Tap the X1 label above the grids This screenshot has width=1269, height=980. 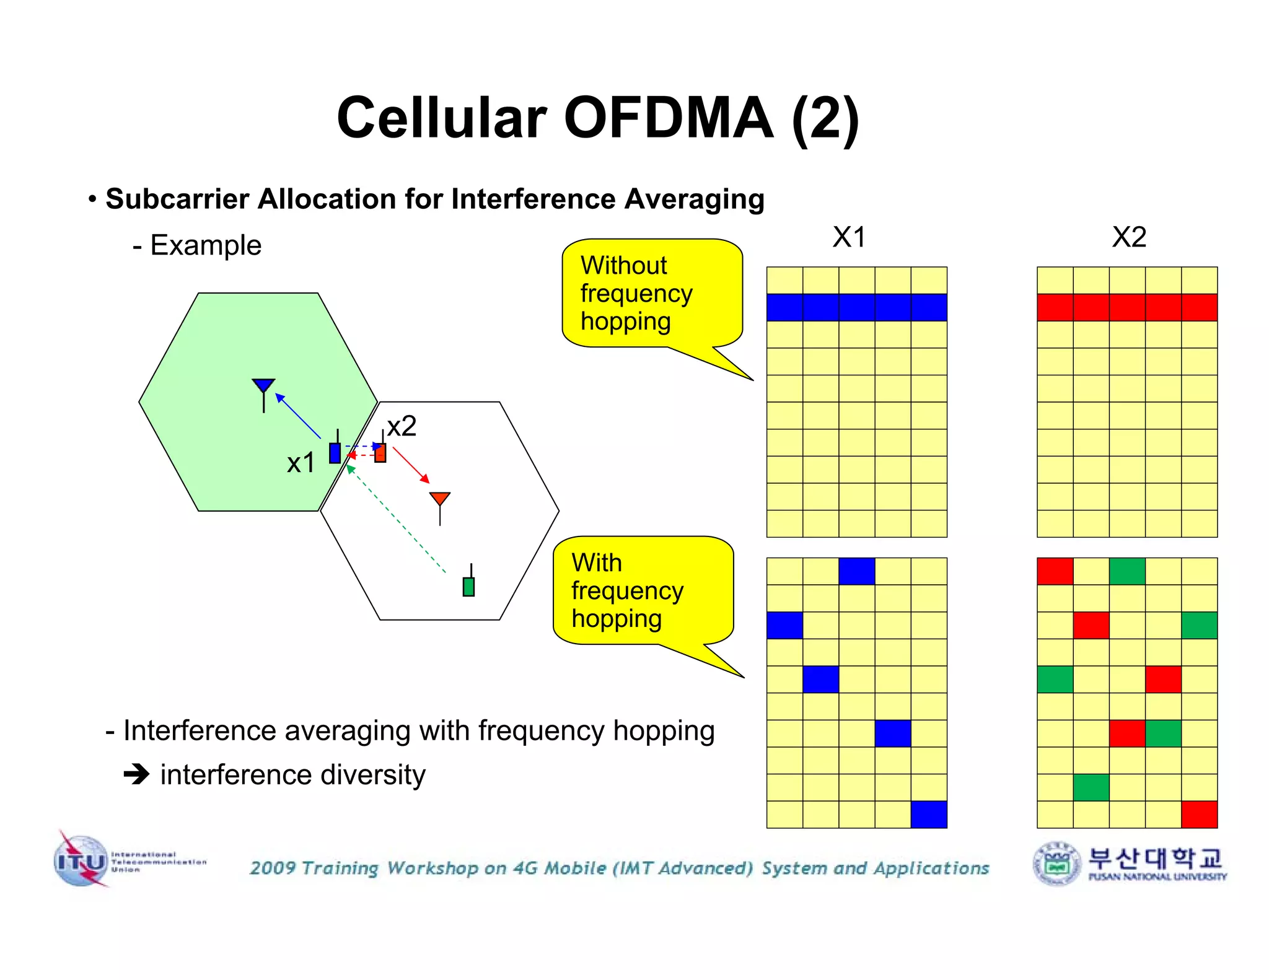pyautogui.click(x=848, y=237)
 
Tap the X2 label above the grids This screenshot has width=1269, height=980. pyautogui.click(x=1128, y=237)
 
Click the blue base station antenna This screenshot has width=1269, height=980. pyautogui.click(x=263, y=387)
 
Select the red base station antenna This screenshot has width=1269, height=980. pyautogui.click(x=439, y=500)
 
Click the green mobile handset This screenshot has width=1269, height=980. pyautogui.click(x=468, y=585)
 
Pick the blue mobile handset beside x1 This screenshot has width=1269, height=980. pyautogui.click(x=335, y=452)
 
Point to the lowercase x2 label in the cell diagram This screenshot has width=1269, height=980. pyautogui.click(x=402, y=426)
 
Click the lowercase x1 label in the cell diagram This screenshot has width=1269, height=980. pyautogui.click(x=301, y=463)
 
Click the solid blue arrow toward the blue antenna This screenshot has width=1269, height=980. pyautogui.click(x=298, y=416)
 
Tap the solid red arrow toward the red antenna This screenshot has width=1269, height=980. pyautogui.click(x=411, y=465)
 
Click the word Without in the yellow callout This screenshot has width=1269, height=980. pyautogui.click(x=623, y=265)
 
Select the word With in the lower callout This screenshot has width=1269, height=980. pyautogui.click(x=596, y=562)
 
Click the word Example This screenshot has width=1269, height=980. pyautogui.click(x=206, y=245)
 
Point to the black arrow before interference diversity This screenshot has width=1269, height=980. pyautogui.click(x=136, y=774)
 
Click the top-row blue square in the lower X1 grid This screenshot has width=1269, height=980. pyautogui.click(x=856, y=571)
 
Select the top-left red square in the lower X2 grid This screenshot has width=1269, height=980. pyautogui.click(x=1055, y=571)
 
